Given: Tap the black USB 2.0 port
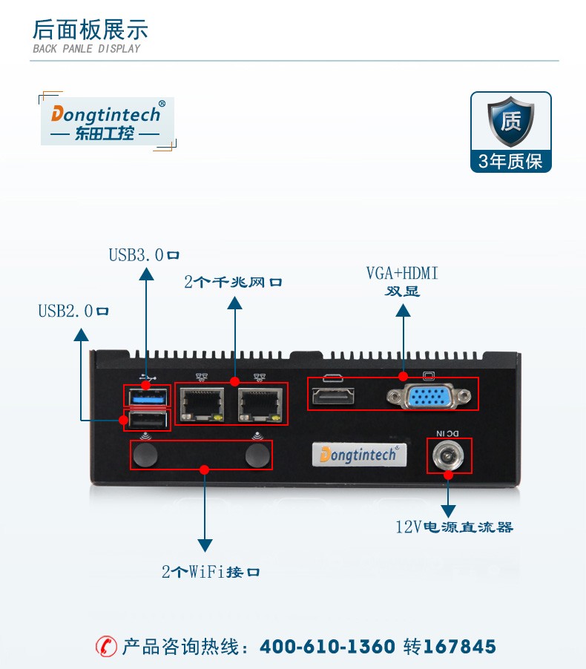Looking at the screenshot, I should coord(147,421).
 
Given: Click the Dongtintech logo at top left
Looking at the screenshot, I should coord(106,121).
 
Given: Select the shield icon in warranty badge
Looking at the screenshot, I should coord(510,122).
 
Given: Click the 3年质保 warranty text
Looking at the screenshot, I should coord(510,162).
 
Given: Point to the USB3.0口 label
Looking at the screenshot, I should coord(144,255).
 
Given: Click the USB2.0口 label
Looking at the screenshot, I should coord(73,312).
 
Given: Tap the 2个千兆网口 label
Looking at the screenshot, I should coord(233,283).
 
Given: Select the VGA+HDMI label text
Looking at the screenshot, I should coord(402,274).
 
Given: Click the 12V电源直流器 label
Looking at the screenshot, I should coord(454,527).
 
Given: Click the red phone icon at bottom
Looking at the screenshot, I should coord(107,646).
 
